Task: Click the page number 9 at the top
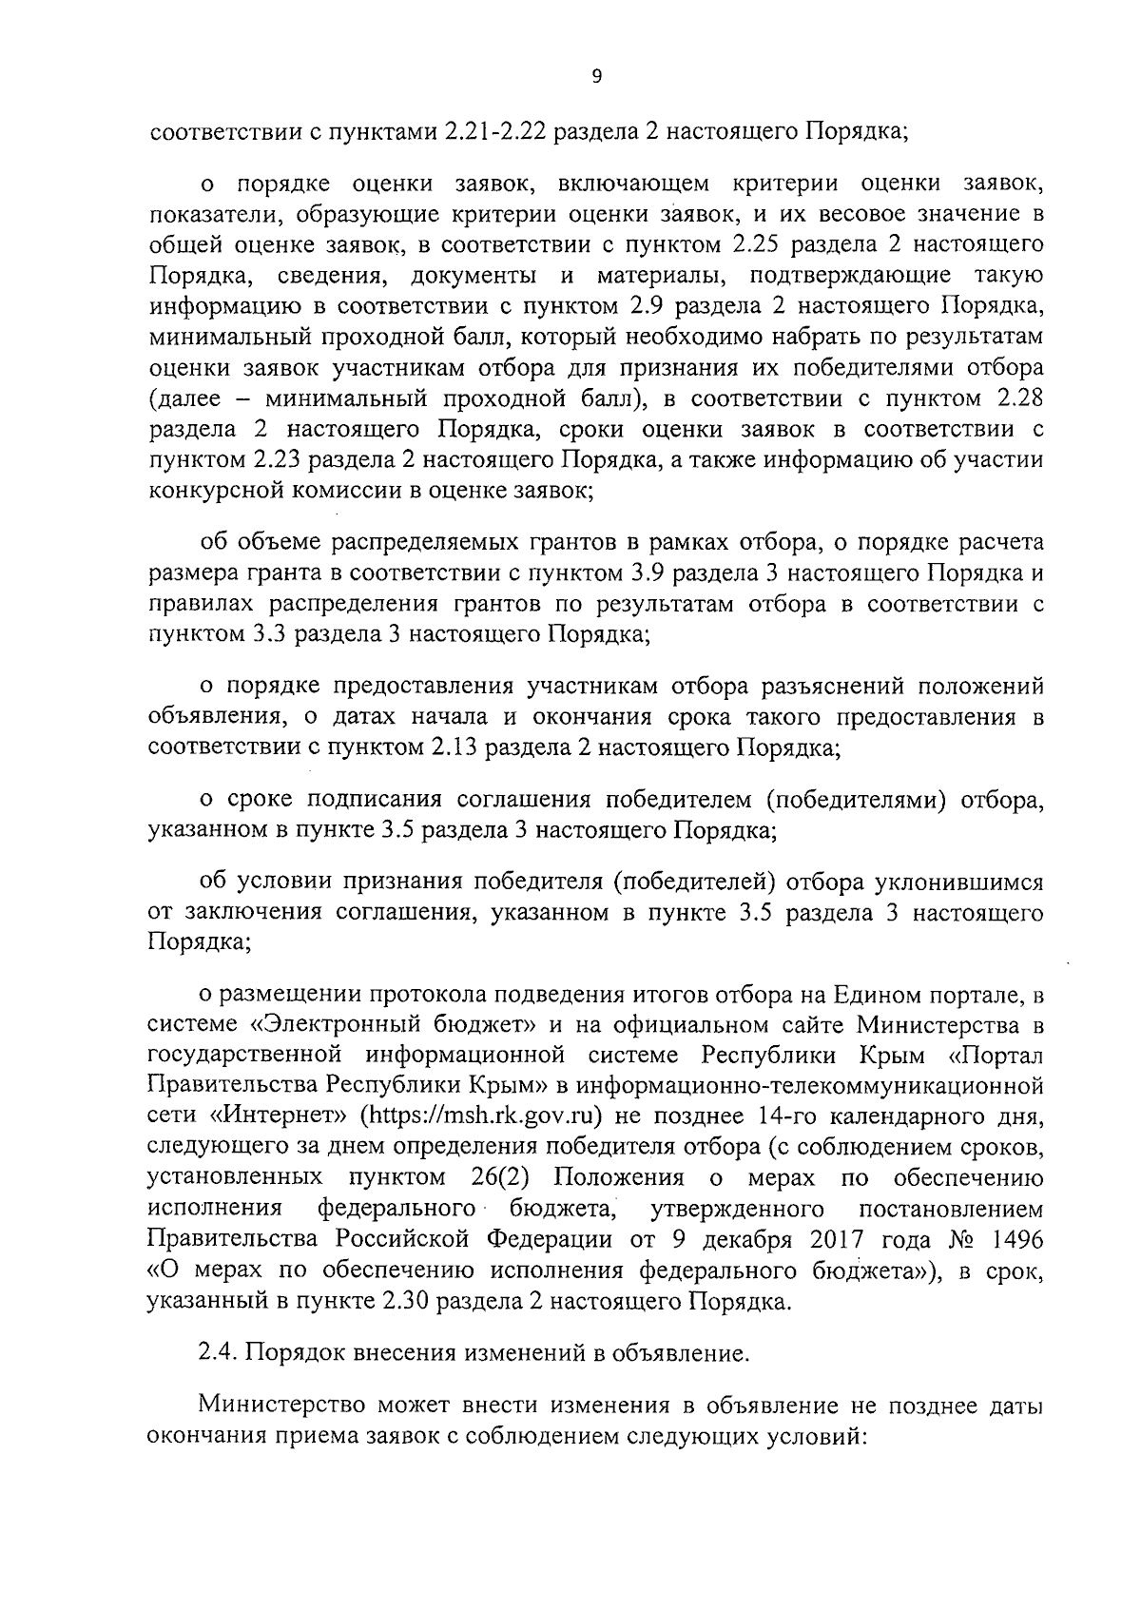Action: (x=596, y=79)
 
